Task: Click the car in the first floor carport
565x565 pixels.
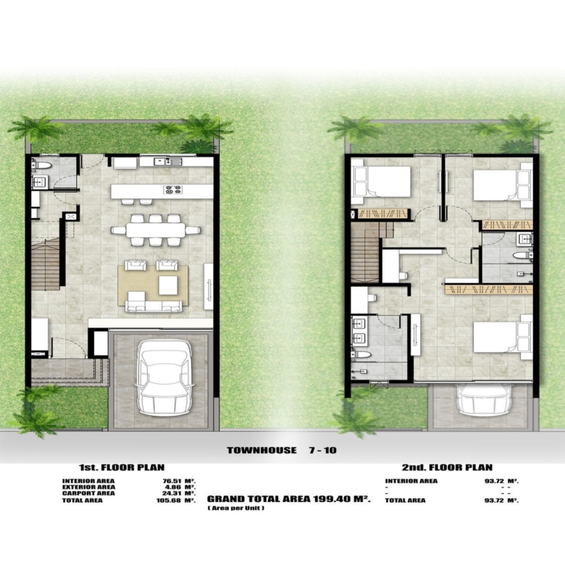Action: click(x=164, y=377)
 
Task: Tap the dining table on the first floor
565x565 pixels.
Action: click(x=156, y=230)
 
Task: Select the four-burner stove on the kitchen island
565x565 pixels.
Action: click(x=172, y=190)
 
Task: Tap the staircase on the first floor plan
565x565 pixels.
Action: click(x=45, y=265)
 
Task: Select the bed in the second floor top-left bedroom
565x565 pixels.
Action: click(x=382, y=181)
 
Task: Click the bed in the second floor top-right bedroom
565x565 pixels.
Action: click(x=502, y=185)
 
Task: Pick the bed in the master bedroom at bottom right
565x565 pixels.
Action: click(x=502, y=337)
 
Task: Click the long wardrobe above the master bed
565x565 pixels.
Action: click(x=489, y=289)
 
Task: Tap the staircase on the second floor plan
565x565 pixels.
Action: click(x=371, y=251)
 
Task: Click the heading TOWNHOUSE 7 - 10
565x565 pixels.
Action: click(x=282, y=450)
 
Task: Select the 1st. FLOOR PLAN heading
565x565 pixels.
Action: click(x=122, y=467)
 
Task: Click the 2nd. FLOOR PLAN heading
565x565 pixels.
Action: click(x=447, y=467)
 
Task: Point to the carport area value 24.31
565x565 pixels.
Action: click(x=172, y=493)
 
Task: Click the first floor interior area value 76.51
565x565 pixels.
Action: click(x=172, y=481)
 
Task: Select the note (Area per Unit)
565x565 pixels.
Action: click(x=236, y=508)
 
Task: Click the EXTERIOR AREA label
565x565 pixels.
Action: click(x=88, y=487)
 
